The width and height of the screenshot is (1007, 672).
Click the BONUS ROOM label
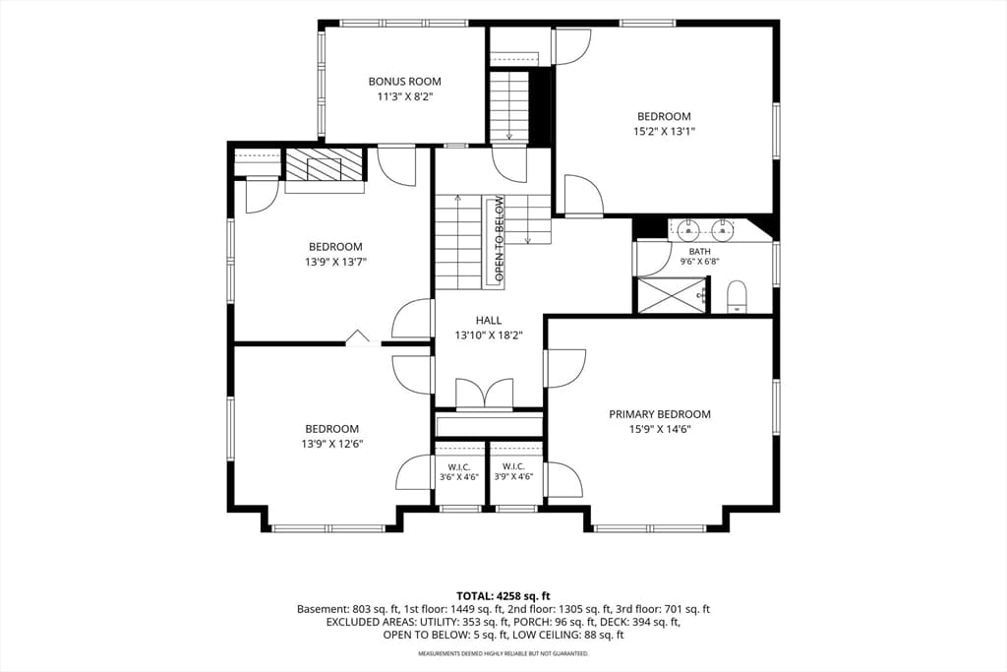pos(404,82)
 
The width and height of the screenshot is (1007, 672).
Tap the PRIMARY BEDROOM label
pos(660,414)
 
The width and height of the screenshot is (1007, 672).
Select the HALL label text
pos(489,320)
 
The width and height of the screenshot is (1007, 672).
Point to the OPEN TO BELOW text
pos(499,239)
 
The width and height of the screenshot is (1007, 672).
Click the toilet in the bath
pos(737,296)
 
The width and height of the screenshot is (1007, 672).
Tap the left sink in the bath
pos(686,228)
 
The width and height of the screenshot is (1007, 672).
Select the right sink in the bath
pos(722,228)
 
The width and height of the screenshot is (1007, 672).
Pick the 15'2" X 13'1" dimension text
pos(664,131)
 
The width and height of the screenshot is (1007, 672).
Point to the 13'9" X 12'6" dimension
pos(332,444)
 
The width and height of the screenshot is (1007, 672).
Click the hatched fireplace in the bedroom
pos(324,165)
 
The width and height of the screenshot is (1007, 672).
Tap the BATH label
pos(699,251)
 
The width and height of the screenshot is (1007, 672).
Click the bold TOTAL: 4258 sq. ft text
pos(503,595)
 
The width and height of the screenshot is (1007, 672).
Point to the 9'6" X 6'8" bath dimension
pos(699,262)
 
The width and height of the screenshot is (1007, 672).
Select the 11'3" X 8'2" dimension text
pos(404,97)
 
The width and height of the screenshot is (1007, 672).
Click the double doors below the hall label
pos(485,394)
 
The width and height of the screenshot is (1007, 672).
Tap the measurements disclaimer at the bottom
pos(503,653)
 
